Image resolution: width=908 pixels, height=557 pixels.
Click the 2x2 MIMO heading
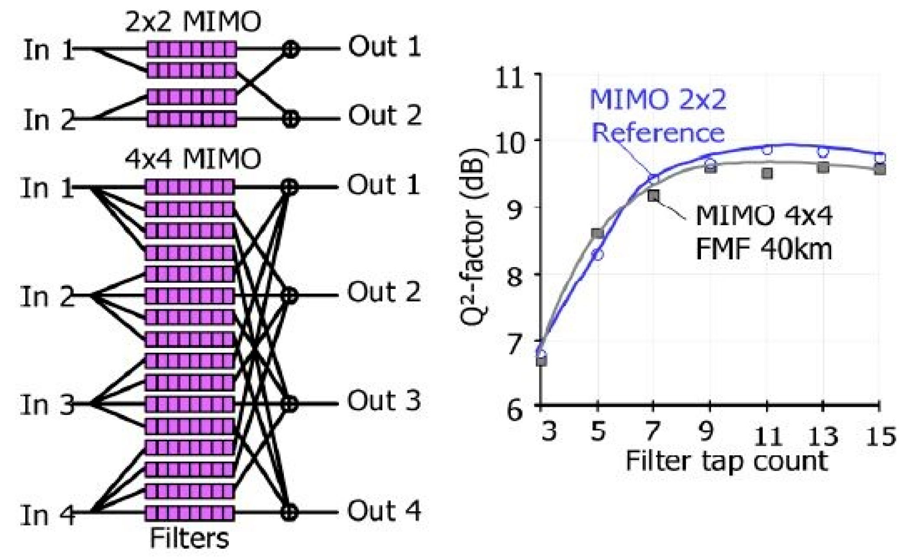pos(193,23)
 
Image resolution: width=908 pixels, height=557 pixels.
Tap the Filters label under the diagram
pos(189,539)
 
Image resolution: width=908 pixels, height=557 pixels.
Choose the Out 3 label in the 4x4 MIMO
pos(384,401)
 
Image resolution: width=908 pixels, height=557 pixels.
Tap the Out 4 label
pos(384,511)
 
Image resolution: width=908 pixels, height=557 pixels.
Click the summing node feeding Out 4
pos(290,512)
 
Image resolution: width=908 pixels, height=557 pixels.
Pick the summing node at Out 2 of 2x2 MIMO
pos(291,118)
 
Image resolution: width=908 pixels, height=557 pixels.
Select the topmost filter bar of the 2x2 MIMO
pos(192,49)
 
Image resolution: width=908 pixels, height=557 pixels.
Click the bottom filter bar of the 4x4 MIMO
pos(190,513)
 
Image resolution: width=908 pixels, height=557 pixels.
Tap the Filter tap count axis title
pos(727,461)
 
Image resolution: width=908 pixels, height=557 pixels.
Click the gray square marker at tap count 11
pos(767,174)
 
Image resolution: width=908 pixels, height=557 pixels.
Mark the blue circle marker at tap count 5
pos(598,255)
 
